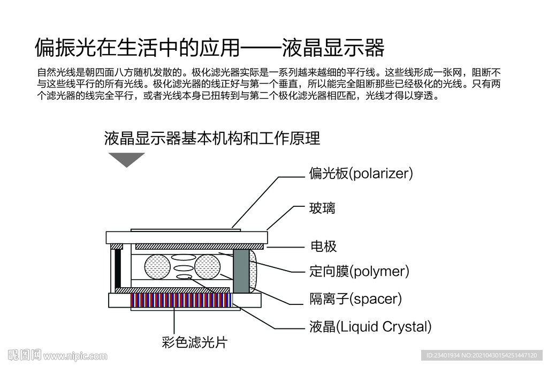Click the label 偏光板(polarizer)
tap(361, 174)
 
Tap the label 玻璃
tap(322, 208)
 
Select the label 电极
tap(323, 247)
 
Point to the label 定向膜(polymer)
tap(359, 271)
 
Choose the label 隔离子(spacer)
tap(355, 298)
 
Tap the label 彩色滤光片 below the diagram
tap(194, 342)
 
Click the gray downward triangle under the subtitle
tap(126, 159)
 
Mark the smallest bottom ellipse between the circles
tap(184, 277)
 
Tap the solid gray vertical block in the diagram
tap(241, 271)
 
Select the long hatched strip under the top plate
tap(199, 247)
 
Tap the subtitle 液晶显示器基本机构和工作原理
tap(212, 138)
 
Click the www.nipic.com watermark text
tap(75, 356)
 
